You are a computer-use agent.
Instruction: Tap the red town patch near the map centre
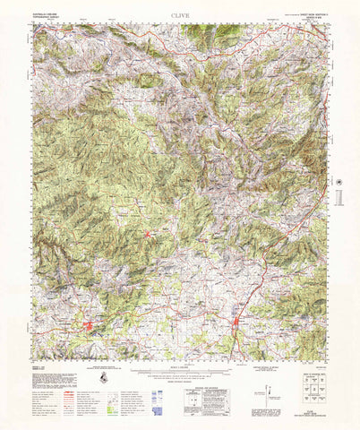coord(148,235)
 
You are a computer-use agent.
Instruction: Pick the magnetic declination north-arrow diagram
coord(270,387)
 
